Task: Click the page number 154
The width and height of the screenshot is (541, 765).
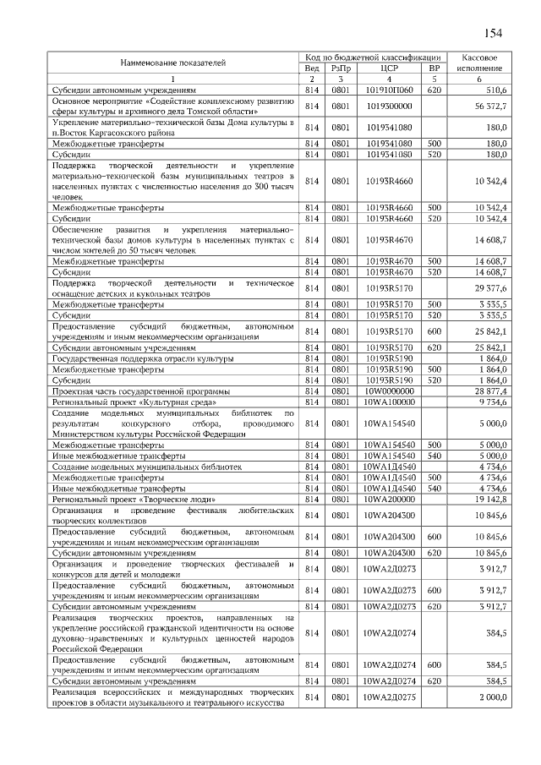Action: click(493, 33)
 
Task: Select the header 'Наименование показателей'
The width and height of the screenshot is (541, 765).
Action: click(172, 63)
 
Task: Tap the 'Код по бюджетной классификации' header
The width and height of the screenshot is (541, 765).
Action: click(373, 56)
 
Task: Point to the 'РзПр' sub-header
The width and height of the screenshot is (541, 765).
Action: click(340, 68)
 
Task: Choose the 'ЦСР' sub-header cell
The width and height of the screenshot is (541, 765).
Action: click(389, 68)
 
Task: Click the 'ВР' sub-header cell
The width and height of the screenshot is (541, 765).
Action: click(434, 68)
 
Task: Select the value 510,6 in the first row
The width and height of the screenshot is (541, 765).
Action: click(494, 89)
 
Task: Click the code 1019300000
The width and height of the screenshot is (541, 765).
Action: click(389, 106)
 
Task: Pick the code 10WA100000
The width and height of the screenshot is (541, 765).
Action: click(389, 402)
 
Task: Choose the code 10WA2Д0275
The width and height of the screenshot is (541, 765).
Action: click(389, 697)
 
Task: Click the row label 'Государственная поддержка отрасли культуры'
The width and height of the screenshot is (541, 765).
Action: click(136, 358)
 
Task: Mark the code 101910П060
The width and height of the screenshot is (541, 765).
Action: click(389, 89)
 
